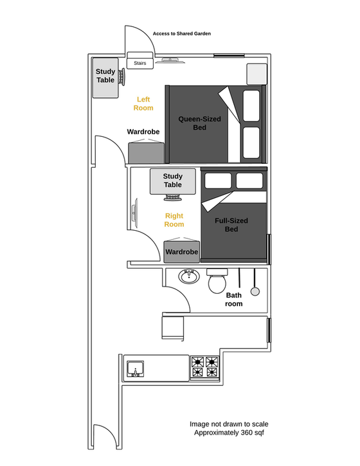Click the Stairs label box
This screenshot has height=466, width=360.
point(140,63)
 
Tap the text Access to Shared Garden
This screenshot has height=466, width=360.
point(182,33)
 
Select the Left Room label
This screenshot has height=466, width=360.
point(143,103)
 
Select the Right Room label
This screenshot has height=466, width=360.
point(174,220)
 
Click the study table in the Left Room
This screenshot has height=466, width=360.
point(105,78)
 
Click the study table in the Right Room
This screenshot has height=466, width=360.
point(173,182)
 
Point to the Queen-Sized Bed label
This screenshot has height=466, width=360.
point(199,123)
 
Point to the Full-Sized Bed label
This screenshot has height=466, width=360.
point(231,225)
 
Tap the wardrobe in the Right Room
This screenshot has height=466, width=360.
point(182,252)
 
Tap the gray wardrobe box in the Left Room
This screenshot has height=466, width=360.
point(146,153)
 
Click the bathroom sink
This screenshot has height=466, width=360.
point(189,276)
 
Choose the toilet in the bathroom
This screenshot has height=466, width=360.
point(217,281)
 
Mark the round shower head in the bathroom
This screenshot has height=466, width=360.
point(255,292)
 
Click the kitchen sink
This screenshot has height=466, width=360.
point(135,369)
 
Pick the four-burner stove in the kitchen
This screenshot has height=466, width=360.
point(205,368)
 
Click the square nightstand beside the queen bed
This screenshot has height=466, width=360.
point(257,74)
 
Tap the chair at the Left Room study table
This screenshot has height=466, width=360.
point(122,76)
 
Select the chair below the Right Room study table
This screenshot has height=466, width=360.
point(173,197)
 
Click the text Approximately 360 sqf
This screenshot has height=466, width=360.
point(229,433)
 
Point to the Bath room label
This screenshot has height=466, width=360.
point(233,300)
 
